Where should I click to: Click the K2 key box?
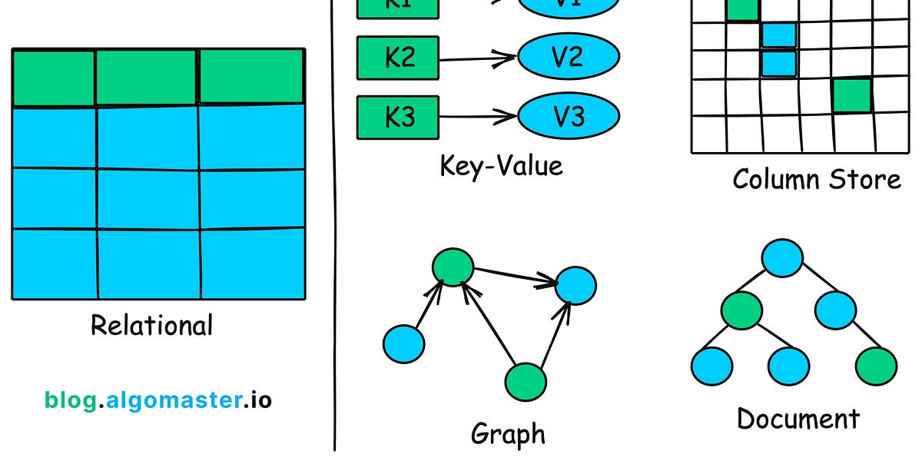pyautogui.click(x=398, y=58)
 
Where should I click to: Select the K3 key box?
pyautogui.click(x=398, y=117)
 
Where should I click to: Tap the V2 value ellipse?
pyautogui.click(x=569, y=57)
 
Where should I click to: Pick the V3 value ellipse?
pyautogui.click(x=569, y=117)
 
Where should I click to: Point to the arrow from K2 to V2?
pyautogui.click(x=476, y=58)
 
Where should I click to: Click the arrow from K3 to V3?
pyautogui.click(x=476, y=118)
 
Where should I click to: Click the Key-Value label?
pyautogui.click(x=501, y=165)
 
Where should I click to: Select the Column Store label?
pyautogui.click(x=816, y=179)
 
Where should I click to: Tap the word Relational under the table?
pyautogui.click(x=151, y=325)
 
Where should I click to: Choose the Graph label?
pyautogui.click(x=508, y=434)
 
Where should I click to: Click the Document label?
pyautogui.click(x=798, y=419)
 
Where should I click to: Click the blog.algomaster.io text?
pyautogui.click(x=158, y=400)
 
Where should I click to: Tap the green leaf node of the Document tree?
pyautogui.click(x=876, y=365)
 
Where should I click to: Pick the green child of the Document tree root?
pyautogui.click(x=741, y=310)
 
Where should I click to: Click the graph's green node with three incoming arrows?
pyautogui.click(x=453, y=266)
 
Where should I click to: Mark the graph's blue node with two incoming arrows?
pyautogui.click(x=575, y=285)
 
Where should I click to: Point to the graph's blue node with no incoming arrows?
pyautogui.click(x=403, y=343)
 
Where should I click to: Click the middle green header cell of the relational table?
pyautogui.click(x=147, y=77)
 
